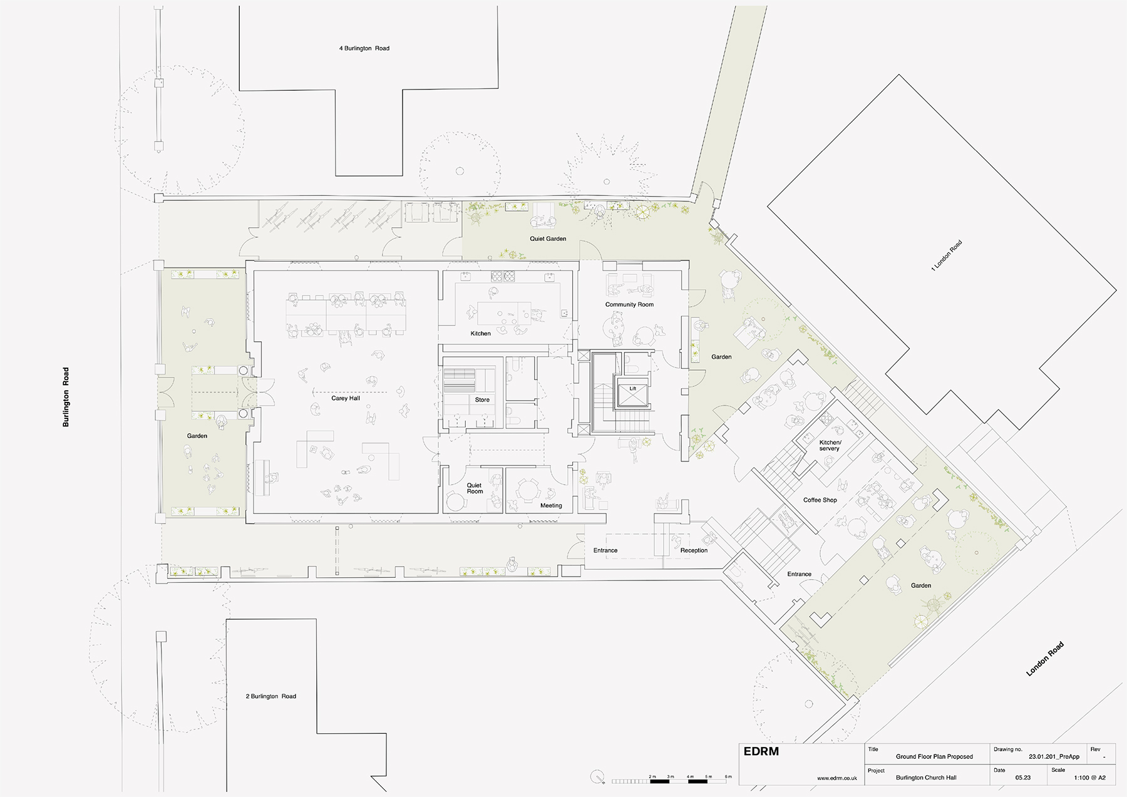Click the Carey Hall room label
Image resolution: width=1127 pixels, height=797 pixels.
click(346, 398)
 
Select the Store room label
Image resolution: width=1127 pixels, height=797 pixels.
click(482, 399)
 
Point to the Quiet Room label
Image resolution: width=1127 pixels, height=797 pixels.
click(475, 488)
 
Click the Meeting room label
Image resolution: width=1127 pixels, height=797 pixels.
click(551, 505)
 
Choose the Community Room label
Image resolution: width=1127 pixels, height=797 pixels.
click(629, 304)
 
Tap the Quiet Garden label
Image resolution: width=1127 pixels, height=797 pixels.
click(548, 239)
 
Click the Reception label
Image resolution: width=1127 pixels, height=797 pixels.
click(694, 550)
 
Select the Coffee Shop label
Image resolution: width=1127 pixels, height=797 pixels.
click(820, 500)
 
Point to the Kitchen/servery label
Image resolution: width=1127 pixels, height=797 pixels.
click(830, 445)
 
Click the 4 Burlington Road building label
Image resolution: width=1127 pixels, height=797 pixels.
click(364, 48)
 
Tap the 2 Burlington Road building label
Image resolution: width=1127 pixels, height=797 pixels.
click(271, 696)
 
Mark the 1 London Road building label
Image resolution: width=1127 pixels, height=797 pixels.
click(946, 255)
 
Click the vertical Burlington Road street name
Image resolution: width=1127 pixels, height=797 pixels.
click(66, 397)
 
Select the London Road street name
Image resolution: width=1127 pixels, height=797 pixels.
click(1045, 659)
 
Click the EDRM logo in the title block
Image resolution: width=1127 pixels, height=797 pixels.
click(761, 751)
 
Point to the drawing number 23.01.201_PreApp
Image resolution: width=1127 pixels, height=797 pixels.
click(1054, 756)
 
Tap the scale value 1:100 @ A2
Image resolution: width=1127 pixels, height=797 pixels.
click(1090, 778)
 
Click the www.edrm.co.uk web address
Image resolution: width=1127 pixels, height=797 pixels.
click(837, 778)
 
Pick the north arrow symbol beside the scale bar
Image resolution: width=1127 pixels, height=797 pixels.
click(598, 777)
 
